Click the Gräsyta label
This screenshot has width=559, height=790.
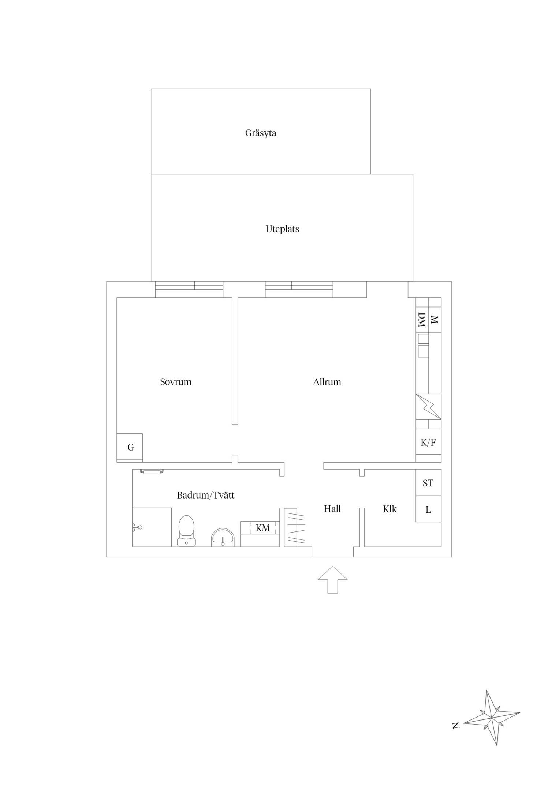pos(261,133)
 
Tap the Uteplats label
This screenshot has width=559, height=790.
pos(282,229)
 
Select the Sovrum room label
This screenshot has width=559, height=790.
pos(176,382)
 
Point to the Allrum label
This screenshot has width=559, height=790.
pos(327,382)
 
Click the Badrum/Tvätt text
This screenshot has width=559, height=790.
pos(205,495)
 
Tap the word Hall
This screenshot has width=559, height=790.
pos(332,509)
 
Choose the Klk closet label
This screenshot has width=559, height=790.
pos(390,509)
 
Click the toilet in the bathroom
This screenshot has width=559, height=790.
pos(186,531)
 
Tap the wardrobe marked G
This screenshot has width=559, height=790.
pos(130,447)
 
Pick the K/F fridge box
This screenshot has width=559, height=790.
pos(428,442)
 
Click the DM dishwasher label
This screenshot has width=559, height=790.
pos(422,320)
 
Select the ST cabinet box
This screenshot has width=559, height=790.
pos(428,483)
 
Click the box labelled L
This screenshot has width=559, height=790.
pos(428,509)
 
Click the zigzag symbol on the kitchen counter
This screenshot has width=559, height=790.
pos(429,406)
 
